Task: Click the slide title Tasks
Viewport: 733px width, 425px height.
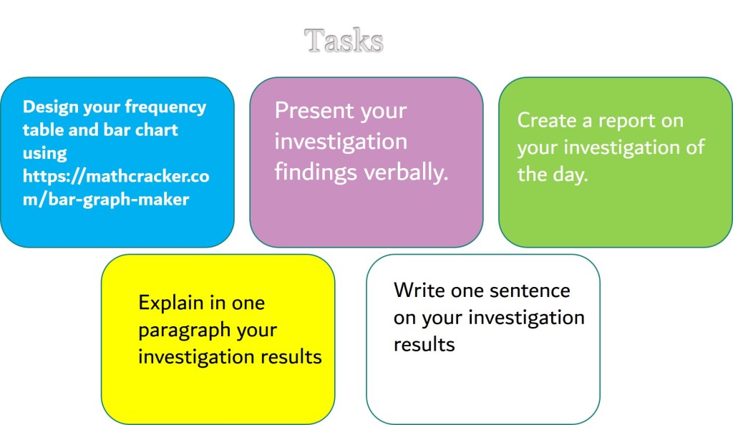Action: (x=344, y=40)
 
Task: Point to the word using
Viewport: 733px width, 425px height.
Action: (x=45, y=154)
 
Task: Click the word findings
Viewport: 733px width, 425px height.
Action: (x=316, y=172)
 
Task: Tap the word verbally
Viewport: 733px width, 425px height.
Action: (x=407, y=172)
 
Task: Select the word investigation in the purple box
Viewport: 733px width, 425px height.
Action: (x=341, y=142)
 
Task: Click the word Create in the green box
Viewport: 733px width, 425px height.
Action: (x=546, y=120)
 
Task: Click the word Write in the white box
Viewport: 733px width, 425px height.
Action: (x=419, y=290)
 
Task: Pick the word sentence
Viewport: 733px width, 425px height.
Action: (x=530, y=291)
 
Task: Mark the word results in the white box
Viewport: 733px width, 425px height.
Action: (x=424, y=345)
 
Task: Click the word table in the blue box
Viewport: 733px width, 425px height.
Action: (x=42, y=130)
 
